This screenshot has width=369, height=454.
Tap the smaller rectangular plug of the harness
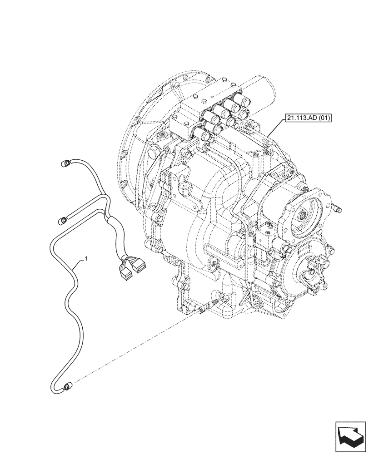[x=125, y=273]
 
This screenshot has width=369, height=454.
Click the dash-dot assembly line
[x=136, y=345]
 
